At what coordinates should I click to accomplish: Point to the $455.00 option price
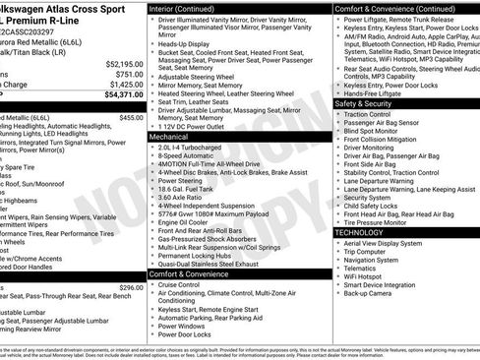131,117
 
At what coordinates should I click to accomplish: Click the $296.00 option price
131,287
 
